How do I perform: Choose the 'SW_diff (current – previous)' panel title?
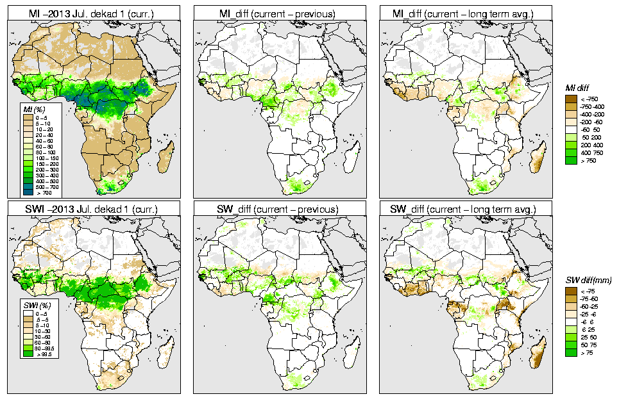pos(281,209)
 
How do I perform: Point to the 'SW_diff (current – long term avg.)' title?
pos(466,209)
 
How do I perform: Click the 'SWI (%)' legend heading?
pos(31,302)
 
